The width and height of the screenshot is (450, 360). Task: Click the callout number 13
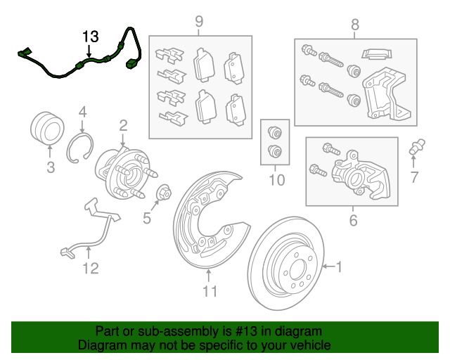point(91,37)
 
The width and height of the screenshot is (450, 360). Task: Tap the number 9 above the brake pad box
point(199,21)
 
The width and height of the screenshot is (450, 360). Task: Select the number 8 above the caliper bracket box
point(355,25)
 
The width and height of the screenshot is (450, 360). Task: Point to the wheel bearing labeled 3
point(47,129)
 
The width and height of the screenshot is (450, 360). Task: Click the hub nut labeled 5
point(164,192)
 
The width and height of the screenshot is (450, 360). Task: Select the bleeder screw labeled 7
point(416,146)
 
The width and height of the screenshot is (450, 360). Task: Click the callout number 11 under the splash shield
point(210,291)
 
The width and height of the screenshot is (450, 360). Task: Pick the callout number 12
point(91,268)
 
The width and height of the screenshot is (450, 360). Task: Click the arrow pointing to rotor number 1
point(328,266)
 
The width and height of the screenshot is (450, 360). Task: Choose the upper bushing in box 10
point(275,132)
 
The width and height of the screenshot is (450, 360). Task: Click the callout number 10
point(276,180)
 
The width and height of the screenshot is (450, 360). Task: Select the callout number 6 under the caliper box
point(353,220)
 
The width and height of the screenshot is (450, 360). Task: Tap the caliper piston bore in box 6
point(354,179)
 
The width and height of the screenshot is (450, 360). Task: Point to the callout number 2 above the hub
point(123,126)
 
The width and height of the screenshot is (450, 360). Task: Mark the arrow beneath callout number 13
point(89,51)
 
